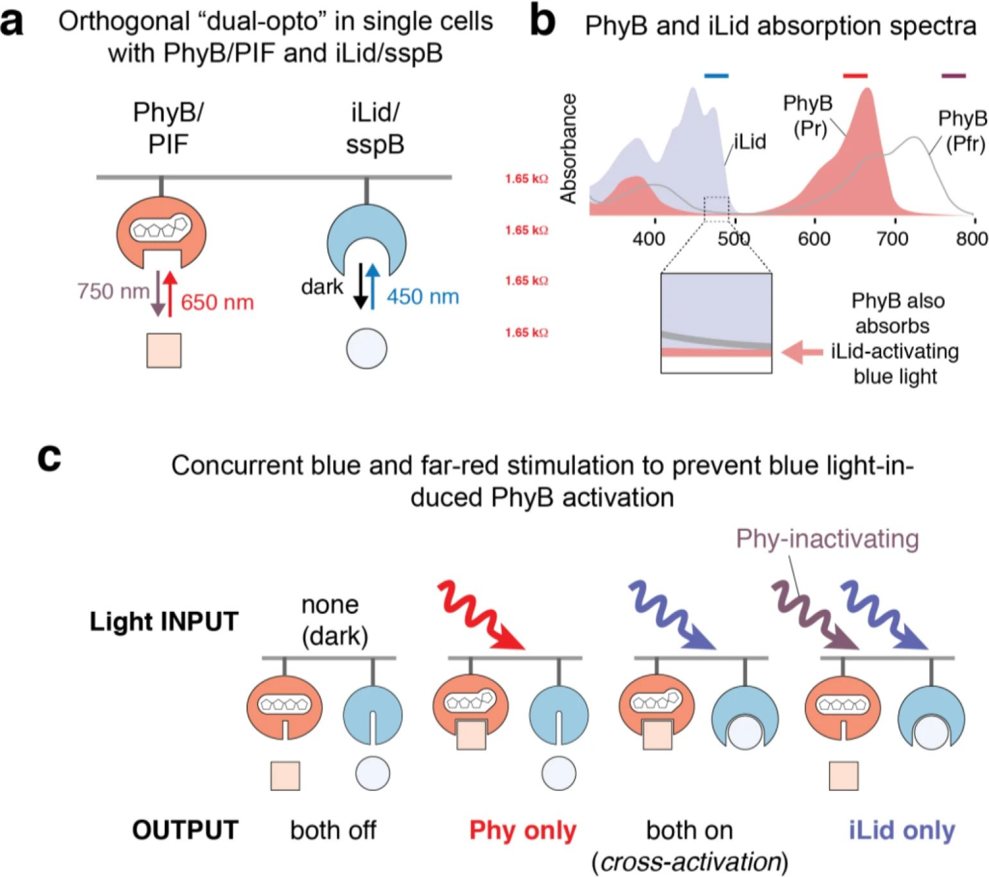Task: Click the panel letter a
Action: [13, 24]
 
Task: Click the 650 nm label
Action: [217, 303]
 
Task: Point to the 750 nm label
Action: [113, 291]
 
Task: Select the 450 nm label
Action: [423, 297]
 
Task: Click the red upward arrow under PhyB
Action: [170, 294]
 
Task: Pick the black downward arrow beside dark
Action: [361, 287]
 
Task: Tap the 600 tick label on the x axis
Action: [814, 239]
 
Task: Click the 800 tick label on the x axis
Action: [972, 239]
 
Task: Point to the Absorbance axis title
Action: [568, 148]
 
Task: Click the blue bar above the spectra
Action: [717, 76]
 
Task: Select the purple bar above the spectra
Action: [953, 76]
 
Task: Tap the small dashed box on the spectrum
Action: [717, 210]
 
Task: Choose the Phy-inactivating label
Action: [827, 539]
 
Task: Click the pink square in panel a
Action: [164, 351]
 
